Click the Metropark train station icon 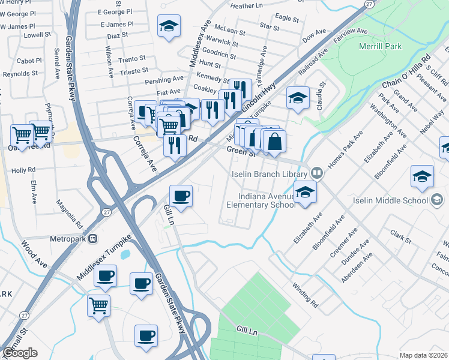pyautogui.click(x=92, y=238)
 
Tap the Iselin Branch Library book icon pyautogui.click(x=317, y=174)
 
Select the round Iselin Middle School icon pyautogui.click(x=438, y=199)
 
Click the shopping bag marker pyautogui.click(x=274, y=142)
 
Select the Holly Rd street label pyautogui.click(x=23, y=170)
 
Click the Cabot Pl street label pyautogui.click(x=29, y=61)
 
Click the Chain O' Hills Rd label pyautogui.click(x=406, y=73)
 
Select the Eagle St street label pyautogui.click(x=288, y=19)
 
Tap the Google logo pyautogui.click(x=20, y=353)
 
